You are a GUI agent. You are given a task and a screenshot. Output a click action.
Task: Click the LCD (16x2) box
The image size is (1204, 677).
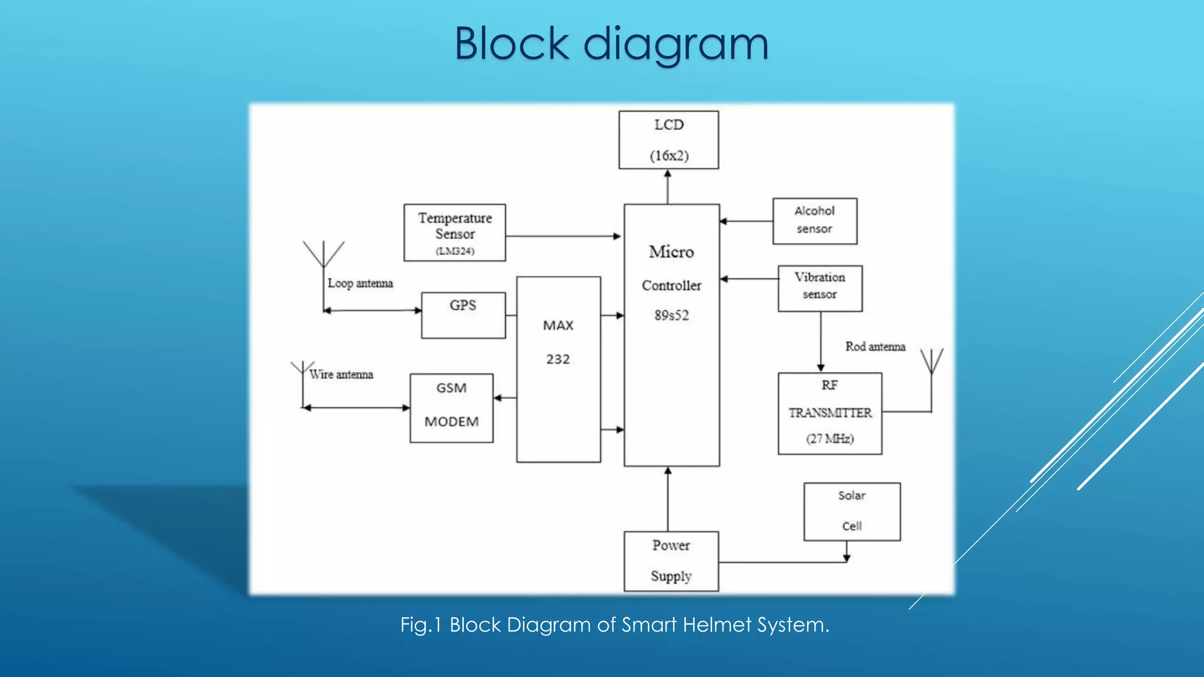(668, 140)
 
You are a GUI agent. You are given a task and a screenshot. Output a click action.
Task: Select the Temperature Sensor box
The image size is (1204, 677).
(454, 233)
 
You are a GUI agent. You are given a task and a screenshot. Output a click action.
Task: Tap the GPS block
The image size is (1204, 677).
(463, 316)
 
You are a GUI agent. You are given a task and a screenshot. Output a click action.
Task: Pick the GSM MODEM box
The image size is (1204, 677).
(451, 408)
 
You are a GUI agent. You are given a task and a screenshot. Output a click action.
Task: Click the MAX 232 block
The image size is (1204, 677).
(558, 369)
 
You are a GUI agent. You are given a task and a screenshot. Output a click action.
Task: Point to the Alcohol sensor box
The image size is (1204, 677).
(815, 221)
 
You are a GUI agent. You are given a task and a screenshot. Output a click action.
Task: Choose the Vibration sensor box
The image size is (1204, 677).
(820, 289)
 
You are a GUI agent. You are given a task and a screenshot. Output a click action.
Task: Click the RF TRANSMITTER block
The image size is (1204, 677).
(830, 413)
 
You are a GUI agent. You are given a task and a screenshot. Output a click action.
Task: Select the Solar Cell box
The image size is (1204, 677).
(852, 512)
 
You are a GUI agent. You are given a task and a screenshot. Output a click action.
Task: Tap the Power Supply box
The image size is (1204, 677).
(671, 561)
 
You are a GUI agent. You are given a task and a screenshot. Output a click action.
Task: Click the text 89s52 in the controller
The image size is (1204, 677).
(671, 316)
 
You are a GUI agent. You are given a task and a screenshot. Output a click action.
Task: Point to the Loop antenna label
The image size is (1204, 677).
(360, 283)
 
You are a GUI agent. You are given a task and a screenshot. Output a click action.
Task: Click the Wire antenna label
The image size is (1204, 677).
(342, 374)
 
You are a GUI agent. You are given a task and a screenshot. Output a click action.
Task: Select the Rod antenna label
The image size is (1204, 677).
(875, 347)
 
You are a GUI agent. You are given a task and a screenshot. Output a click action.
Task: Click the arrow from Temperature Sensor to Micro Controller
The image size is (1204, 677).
(563, 236)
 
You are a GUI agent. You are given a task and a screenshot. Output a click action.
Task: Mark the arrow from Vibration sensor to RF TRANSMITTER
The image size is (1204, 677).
(821, 342)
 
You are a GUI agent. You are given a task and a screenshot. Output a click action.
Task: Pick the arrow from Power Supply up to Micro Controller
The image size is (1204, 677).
(668, 499)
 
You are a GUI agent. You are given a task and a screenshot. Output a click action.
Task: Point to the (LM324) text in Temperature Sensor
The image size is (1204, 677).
(455, 252)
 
